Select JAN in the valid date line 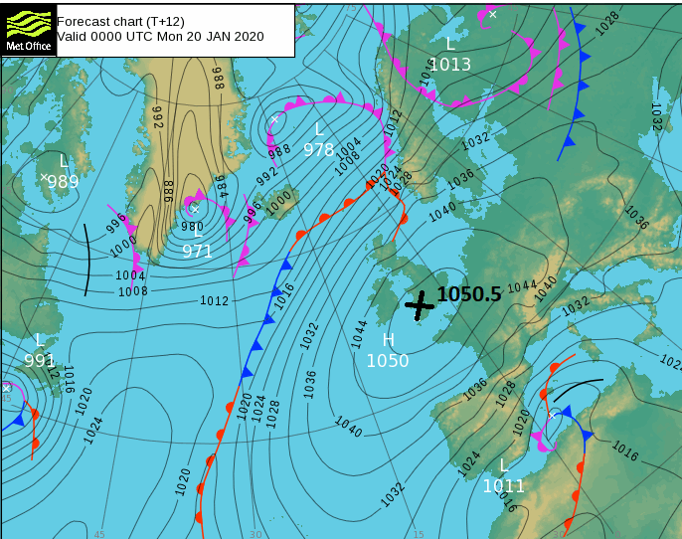tap(218, 36)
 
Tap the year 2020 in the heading tap(249, 36)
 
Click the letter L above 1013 tap(450, 45)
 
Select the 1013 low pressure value tap(450, 65)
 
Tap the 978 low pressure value tap(319, 150)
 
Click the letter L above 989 tap(64, 161)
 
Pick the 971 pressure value tap(197, 252)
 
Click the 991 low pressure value tap(40, 360)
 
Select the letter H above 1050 tap(388, 340)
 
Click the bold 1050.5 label tap(469, 294)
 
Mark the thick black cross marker tap(420, 305)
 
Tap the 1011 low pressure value tap(504, 486)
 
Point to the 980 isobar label tap(192, 227)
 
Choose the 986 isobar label tap(168, 189)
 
